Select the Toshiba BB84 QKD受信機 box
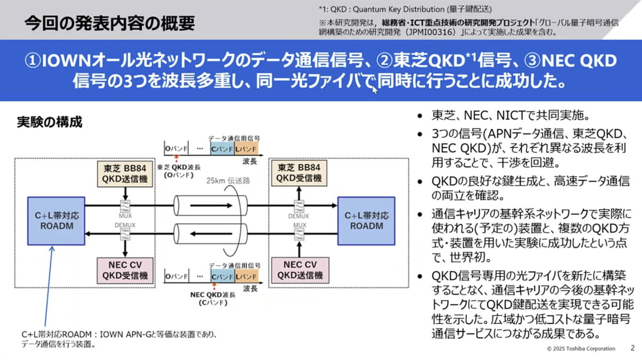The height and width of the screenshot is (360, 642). (295, 172)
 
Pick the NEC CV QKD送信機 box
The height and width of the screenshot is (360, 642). (295, 270)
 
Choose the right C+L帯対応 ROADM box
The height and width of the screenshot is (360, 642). (366, 220)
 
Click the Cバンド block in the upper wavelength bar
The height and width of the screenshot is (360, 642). (221, 148)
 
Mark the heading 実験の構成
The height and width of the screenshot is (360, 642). (50, 122)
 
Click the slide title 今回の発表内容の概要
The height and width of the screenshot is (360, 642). (109, 23)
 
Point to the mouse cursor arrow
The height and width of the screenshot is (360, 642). (374, 89)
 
